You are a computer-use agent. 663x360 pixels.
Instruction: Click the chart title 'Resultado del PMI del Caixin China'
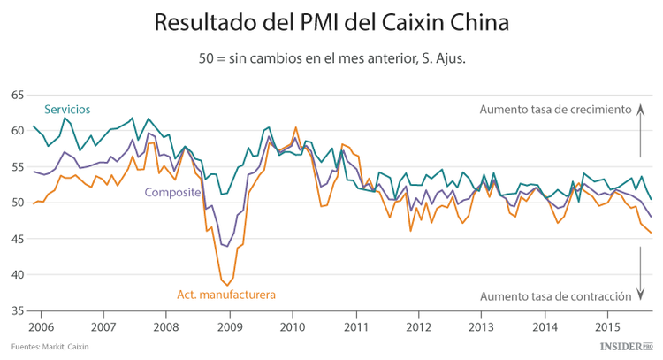pos(331,21)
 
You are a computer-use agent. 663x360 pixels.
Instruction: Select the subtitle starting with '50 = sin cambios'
pos(331,59)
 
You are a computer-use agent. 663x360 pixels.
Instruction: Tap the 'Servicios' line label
pos(67,109)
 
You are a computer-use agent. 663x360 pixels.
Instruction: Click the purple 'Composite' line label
pos(172,192)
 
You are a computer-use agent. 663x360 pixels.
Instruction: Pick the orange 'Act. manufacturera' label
pos(227,294)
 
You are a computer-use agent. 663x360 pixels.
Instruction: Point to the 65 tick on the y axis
pos(17,95)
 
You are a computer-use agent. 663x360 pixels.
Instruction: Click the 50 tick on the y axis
pos(17,203)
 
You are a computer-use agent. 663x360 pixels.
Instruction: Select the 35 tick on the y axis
pos(17,310)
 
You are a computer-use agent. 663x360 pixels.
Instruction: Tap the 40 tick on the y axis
pos(17,274)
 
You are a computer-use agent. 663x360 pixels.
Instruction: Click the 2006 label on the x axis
pos(40,326)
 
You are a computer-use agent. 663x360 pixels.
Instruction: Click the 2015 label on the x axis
pos(606,326)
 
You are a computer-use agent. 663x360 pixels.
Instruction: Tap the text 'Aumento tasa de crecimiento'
pos(555,110)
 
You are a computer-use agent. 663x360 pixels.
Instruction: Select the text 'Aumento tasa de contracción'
pos(555,295)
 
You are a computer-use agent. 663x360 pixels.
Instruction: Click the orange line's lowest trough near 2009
pos(228,285)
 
